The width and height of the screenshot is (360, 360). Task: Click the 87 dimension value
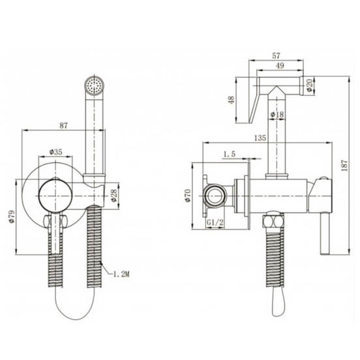tap(64, 126)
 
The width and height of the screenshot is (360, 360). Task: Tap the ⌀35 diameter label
tap(56, 152)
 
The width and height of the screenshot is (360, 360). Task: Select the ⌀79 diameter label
tap(12, 217)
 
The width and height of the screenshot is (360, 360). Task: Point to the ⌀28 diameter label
tap(113, 195)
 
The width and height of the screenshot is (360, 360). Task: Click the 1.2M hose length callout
tap(121, 274)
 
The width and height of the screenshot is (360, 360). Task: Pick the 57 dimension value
tap(276, 56)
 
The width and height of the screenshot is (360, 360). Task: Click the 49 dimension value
tap(280, 66)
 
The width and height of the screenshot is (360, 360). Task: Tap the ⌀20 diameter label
tap(310, 85)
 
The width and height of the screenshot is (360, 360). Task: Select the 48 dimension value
tap(232, 100)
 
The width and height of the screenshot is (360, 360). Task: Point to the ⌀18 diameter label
tap(277, 114)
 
